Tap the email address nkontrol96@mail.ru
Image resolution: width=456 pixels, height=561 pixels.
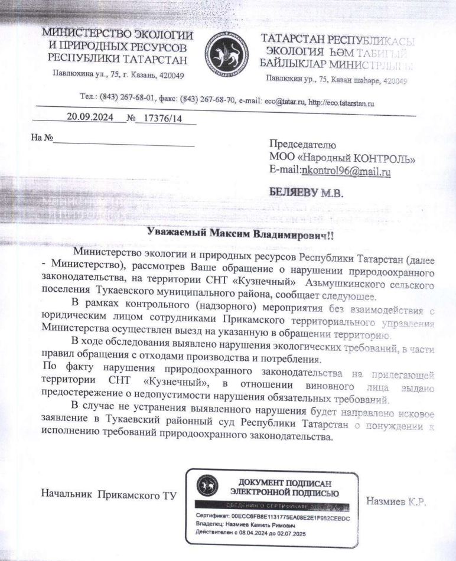point(346,171)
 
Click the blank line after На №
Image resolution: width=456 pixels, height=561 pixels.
point(123,142)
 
